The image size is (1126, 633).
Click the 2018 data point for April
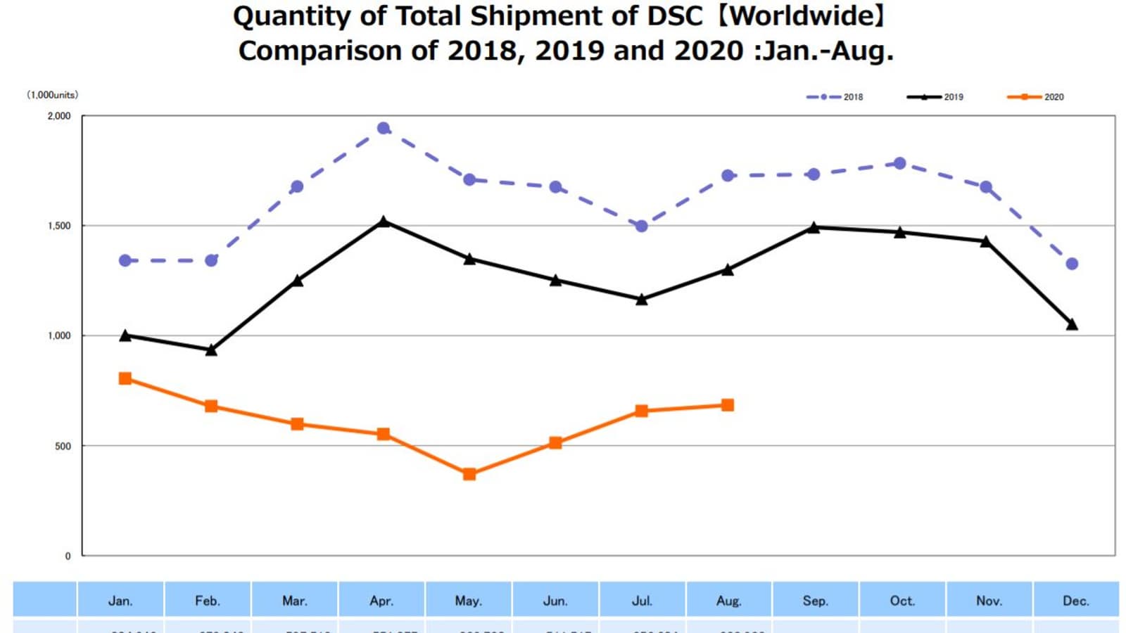pyautogui.click(x=384, y=128)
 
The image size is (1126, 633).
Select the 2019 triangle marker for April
pyautogui.click(x=384, y=222)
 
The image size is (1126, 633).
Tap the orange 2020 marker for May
pyautogui.click(x=469, y=474)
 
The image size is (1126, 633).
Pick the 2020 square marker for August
pyautogui.click(x=728, y=405)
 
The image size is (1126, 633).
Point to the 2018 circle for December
pyautogui.click(x=1072, y=264)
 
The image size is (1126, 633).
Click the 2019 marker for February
pyautogui.click(x=211, y=350)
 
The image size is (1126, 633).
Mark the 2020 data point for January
pyautogui.click(x=125, y=378)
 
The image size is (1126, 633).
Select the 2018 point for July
pyautogui.click(x=641, y=226)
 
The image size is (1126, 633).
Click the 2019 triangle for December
pyautogui.click(x=1072, y=324)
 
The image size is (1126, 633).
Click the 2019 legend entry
pyautogui.click(x=936, y=97)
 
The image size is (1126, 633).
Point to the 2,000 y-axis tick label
pyautogui.click(x=59, y=116)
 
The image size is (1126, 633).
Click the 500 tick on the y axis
pyautogui.click(x=63, y=446)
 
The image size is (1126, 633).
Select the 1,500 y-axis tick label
pyautogui.click(x=59, y=226)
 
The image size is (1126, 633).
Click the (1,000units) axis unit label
pyautogui.click(x=53, y=95)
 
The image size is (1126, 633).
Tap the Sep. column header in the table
pyautogui.click(x=815, y=601)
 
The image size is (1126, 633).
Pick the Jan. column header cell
pyautogui.click(x=120, y=601)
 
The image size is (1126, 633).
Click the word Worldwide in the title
pyautogui.click(x=799, y=15)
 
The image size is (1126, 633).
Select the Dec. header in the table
pyautogui.click(x=1075, y=601)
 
